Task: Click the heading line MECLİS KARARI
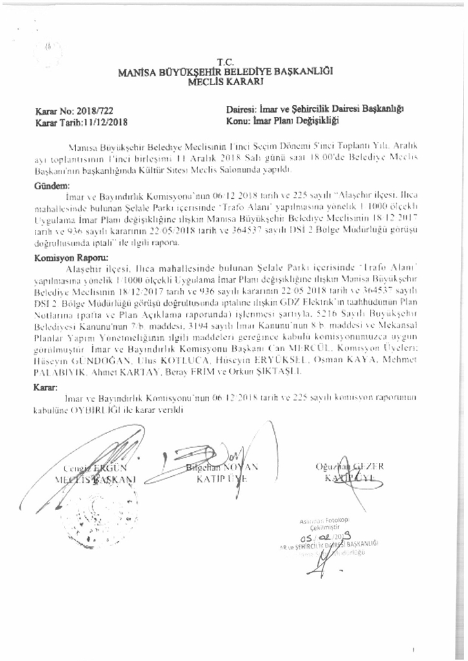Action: pos(225,82)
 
